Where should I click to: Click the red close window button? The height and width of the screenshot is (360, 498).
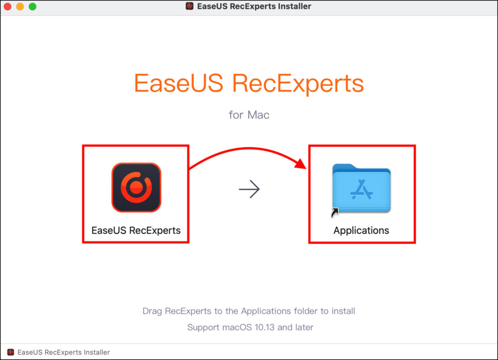coord(7,6)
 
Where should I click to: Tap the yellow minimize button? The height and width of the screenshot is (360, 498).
coord(20,6)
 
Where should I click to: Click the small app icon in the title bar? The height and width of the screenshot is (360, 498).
coord(190,6)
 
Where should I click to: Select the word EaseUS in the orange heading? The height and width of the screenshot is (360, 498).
coord(178,83)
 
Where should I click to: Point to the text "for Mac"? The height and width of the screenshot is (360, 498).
coord(249,115)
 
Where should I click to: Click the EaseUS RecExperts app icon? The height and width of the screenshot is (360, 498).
coord(136,187)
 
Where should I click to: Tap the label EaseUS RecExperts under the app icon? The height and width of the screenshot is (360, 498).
coord(136,231)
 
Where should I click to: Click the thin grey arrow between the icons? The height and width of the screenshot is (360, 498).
coord(249,189)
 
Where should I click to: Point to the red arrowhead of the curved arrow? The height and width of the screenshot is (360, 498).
coord(300,164)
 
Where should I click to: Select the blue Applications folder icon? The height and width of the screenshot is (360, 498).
coord(361,188)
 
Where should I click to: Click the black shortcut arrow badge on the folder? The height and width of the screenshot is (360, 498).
coord(335,212)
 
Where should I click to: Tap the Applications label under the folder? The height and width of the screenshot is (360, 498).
coord(361,231)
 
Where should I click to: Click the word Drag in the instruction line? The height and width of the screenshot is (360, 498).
coord(152,311)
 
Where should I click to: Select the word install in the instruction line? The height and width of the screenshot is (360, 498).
coord(343,311)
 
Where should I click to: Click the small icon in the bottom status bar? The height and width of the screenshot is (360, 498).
coord(11,352)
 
